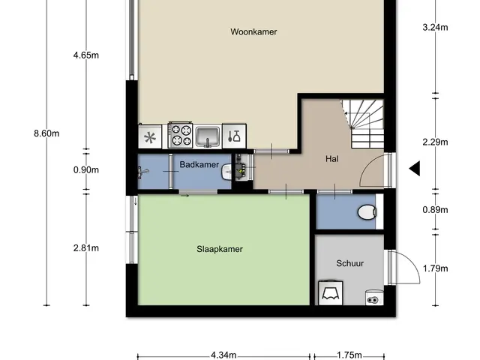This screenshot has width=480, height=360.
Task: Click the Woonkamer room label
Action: [253, 31]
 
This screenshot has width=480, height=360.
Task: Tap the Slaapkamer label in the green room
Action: [220, 249]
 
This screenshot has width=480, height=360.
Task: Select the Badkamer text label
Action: [199, 165]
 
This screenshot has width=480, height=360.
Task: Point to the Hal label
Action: [332, 159]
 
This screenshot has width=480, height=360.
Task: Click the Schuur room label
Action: [350, 263]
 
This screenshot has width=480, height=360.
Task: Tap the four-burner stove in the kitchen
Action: [181, 135]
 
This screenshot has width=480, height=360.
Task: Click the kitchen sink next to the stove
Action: [208, 136]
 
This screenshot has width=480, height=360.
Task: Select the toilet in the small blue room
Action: [367, 212]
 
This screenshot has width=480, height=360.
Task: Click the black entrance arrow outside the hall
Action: [415, 168]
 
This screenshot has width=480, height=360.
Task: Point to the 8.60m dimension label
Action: [46, 133]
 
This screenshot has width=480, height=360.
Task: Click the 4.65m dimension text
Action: [86, 55]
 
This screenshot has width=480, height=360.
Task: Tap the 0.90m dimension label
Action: [86, 170]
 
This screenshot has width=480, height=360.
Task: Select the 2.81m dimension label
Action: [86, 248]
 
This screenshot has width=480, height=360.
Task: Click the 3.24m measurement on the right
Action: [435, 28]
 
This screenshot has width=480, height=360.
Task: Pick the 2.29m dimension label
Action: [435, 142]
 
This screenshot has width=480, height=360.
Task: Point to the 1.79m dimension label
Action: [435, 268]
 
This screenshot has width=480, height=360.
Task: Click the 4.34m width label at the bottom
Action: [223, 355]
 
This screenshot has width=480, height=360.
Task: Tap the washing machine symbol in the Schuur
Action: [331, 292]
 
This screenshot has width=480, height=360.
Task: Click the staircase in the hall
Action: [364, 124]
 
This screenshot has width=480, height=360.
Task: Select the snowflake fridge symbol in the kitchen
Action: [150, 136]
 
